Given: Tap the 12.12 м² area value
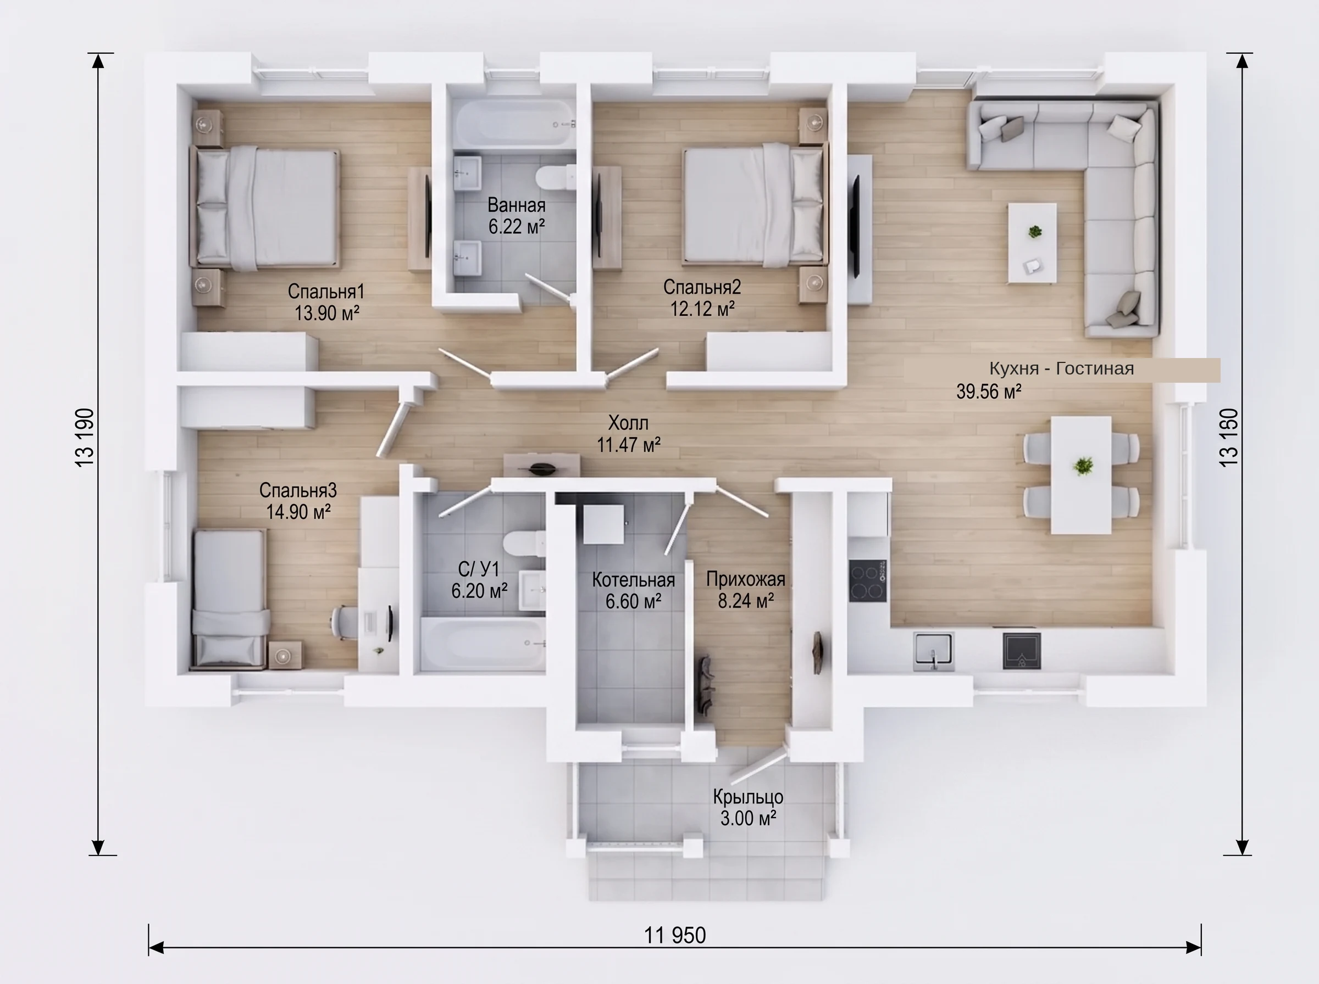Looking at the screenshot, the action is pos(702,309).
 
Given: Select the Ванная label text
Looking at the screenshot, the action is pos(516,205).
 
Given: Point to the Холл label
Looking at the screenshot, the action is pos(628,423).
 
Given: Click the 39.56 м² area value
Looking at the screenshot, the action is pos(989,392).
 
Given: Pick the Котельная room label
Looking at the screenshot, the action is pos(633,580).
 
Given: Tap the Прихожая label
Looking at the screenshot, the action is pos(746,579).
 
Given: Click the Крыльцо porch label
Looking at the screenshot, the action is pos(748,797).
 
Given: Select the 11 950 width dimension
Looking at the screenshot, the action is pos(675,936).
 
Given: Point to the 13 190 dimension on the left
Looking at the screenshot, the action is pos(85,437).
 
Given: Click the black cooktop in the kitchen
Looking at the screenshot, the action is pos(867,580).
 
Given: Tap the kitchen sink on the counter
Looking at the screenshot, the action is pos(933,652).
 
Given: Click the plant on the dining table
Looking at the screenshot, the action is pos(1083,465).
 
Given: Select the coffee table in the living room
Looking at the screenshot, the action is pos(1032,242).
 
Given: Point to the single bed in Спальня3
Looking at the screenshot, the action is pos(230,598).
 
